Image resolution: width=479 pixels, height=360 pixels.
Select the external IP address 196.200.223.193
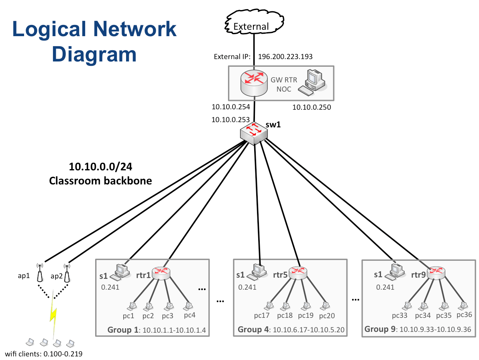click(x=285, y=57)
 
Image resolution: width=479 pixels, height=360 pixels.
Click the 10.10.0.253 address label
click(x=230, y=119)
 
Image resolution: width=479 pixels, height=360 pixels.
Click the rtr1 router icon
click(x=162, y=273)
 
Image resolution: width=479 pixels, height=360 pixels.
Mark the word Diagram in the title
click(x=94, y=54)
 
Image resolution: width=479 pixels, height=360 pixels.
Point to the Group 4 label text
click(x=254, y=330)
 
